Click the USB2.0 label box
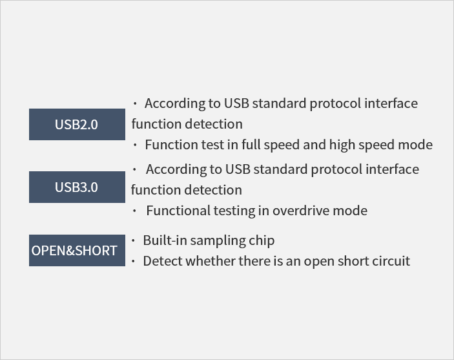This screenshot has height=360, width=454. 77,124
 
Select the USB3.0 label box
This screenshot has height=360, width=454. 77,187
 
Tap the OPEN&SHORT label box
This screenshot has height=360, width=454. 77,250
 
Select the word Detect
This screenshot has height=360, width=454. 163,261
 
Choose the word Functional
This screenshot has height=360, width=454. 178,211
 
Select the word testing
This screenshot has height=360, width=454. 234,211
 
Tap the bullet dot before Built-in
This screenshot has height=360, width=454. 133,240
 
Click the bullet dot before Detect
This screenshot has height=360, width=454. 133,261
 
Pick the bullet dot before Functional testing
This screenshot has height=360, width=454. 134,211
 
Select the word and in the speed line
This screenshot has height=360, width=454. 315,144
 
